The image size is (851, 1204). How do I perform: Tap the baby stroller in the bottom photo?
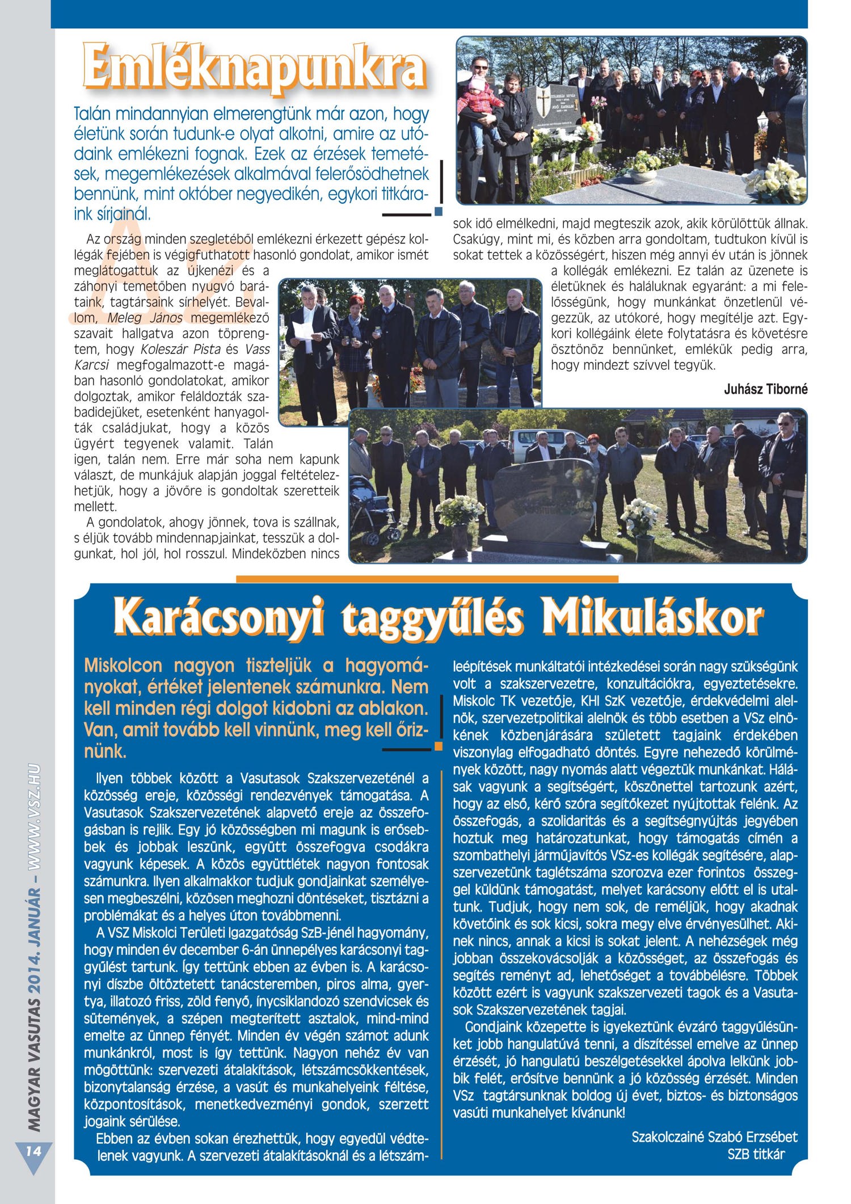point(367,511)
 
